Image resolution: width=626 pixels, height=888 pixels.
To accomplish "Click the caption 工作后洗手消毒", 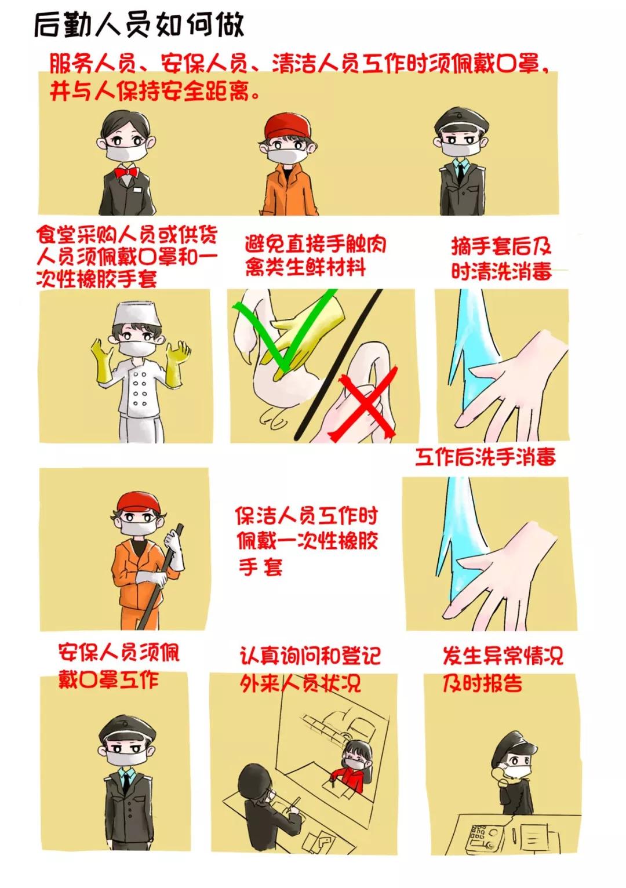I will tap(486, 457).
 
